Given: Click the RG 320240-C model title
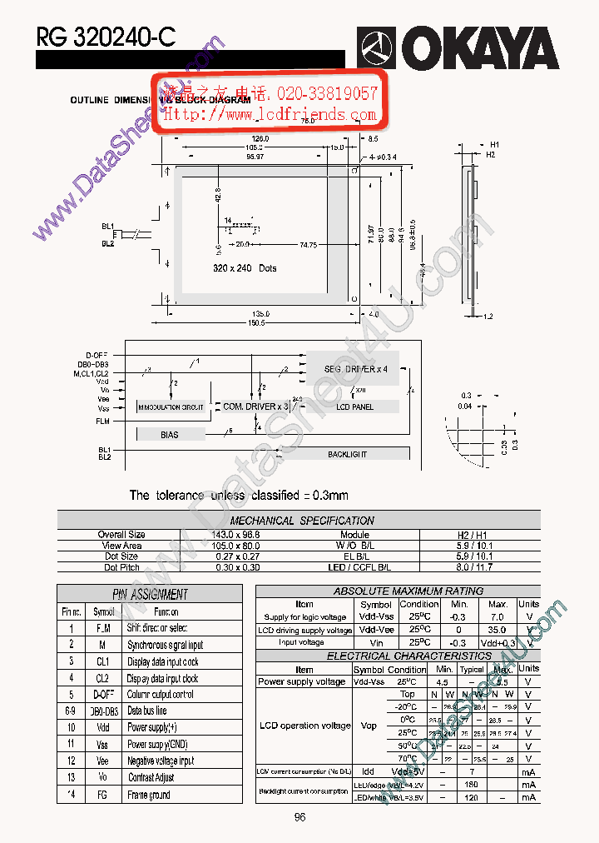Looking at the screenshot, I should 106,37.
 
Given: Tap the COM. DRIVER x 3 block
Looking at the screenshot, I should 255,407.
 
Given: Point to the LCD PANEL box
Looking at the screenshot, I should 354,407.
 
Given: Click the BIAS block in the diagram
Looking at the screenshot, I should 170,435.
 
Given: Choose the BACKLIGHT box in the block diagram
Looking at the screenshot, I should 347,454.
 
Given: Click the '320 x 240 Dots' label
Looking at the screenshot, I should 244,268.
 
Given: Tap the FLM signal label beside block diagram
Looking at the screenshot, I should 102,421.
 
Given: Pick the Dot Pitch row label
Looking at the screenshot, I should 121,567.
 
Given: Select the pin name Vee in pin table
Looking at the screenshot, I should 102,761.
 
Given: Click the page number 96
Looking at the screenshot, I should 300,817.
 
